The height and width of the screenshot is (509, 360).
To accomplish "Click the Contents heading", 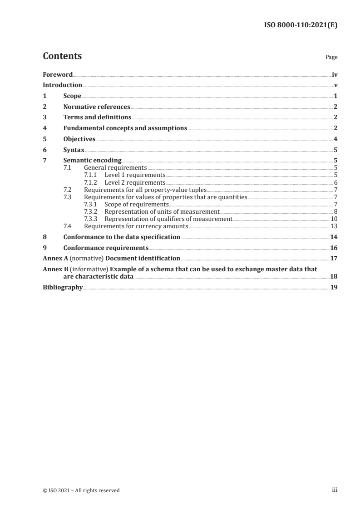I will tap(62, 56).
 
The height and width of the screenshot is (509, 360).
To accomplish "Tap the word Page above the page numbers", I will tap(331, 58).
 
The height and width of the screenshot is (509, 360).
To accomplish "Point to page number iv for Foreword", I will tap(335, 74).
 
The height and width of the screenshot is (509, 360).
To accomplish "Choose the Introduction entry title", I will tap(62, 85).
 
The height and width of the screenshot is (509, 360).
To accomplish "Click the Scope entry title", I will tap(72, 96).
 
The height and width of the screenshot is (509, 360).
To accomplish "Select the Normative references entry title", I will tap(97, 107).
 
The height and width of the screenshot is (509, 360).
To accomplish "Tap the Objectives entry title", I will tap(79, 139).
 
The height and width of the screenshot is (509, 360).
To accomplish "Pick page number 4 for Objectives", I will tap(335, 139).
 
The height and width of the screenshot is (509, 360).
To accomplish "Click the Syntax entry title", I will tap(74, 150).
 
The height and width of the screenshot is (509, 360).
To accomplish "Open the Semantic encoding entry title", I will tap(92, 161).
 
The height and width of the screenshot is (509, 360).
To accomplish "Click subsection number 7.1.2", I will tap(92, 182).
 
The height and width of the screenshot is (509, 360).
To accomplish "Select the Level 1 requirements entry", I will tap(135, 175).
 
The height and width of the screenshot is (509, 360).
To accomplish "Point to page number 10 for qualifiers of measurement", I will tap(334, 219).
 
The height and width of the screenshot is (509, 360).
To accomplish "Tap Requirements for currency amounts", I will tap(136, 225).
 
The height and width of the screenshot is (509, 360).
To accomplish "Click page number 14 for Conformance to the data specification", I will tap(334, 237).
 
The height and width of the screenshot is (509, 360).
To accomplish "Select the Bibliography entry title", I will tap(62, 287).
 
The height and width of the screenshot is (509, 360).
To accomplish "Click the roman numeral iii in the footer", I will tap(335, 490).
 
